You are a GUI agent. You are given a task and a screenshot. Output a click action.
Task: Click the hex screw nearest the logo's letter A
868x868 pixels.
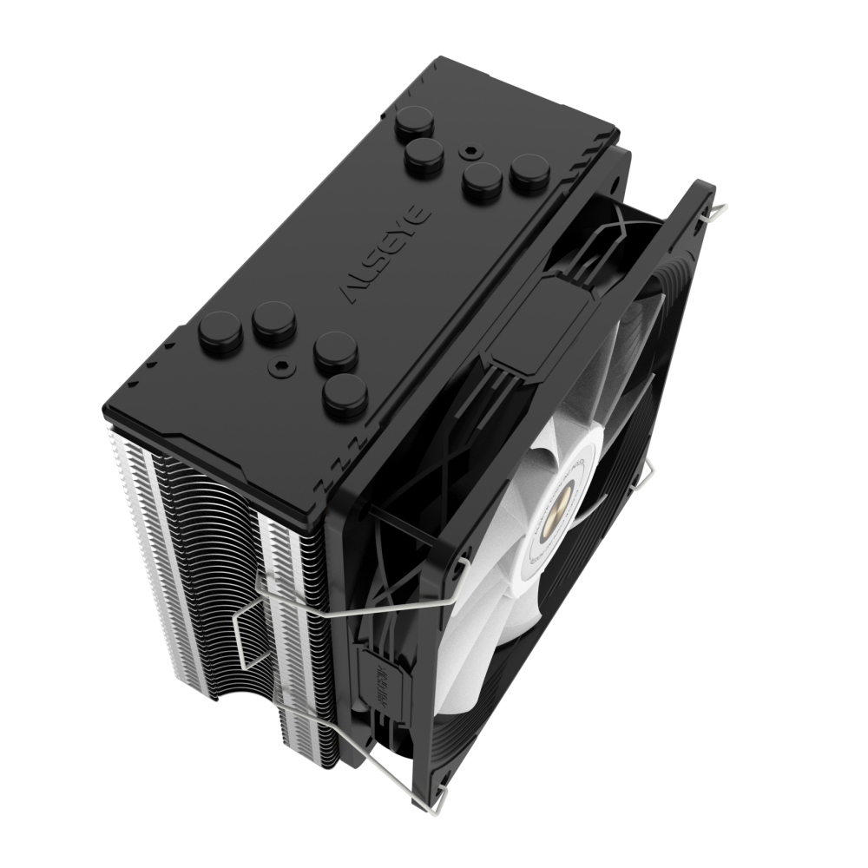click(281, 368)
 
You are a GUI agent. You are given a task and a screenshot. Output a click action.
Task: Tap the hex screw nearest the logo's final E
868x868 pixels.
click(470, 149)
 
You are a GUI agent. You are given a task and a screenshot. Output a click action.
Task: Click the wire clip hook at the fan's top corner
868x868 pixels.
click(717, 208)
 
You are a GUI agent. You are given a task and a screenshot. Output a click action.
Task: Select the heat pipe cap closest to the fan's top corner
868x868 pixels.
click(529, 172)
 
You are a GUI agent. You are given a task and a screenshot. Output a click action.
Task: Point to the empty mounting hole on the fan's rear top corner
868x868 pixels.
click(615, 184)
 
